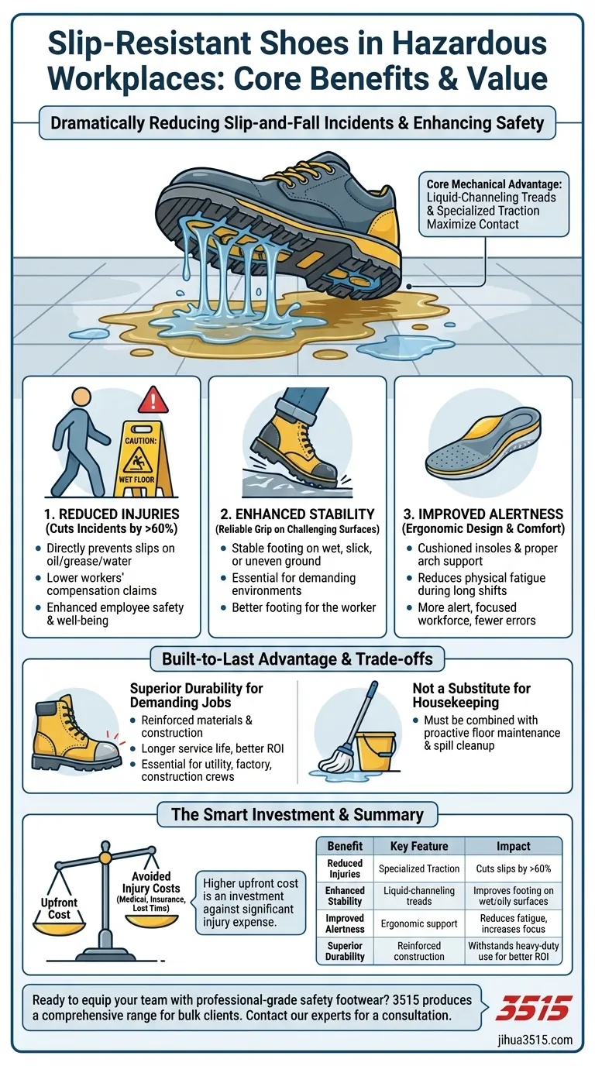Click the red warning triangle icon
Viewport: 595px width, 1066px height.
[153, 401]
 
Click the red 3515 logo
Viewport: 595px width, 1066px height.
[533, 1007]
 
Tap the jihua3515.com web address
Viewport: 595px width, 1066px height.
[535, 1040]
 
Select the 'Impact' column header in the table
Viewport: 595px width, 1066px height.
[513, 845]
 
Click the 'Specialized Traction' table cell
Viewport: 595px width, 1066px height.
[419, 868]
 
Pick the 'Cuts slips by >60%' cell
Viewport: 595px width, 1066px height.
[513, 868]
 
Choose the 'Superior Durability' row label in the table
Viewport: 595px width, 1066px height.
[345, 951]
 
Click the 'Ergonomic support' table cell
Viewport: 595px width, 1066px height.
[419, 923]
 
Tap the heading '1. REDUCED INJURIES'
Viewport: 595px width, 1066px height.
[112, 514]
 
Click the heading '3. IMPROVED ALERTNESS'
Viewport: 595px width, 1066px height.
[483, 514]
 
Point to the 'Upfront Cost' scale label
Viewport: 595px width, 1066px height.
[59, 908]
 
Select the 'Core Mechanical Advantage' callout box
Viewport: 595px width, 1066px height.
[494, 205]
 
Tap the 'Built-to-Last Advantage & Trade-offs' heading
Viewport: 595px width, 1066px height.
[297, 659]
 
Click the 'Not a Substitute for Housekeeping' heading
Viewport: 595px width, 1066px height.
[471, 695]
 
